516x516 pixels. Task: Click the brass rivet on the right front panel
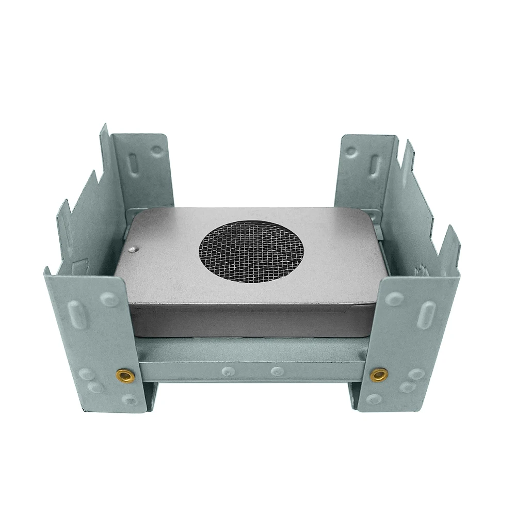tap(379, 374)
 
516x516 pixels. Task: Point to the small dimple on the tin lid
tap(134, 249)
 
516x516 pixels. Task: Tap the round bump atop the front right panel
tap(395, 299)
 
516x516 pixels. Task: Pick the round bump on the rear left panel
tap(156, 151)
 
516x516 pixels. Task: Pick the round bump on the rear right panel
tap(351, 152)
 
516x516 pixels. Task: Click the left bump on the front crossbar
tap(226, 370)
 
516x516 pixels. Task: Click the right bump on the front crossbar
tap(277, 370)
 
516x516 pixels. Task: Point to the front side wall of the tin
tap(251, 320)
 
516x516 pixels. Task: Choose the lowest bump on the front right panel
tap(374, 398)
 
